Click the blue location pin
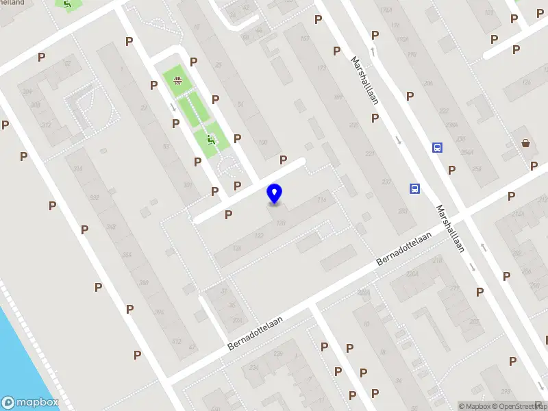[x=274, y=194]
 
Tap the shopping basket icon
[x=525, y=143]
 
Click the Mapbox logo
[x=29, y=403]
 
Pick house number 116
[x=321, y=199]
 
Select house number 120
[x=280, y=223]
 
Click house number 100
[x=262, y=142]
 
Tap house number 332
[x=93, y=198]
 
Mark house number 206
[x=427, y=84]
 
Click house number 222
[x=444, y=110]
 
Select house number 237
[x=386, y=182]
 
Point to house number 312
[x=46, y=125]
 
